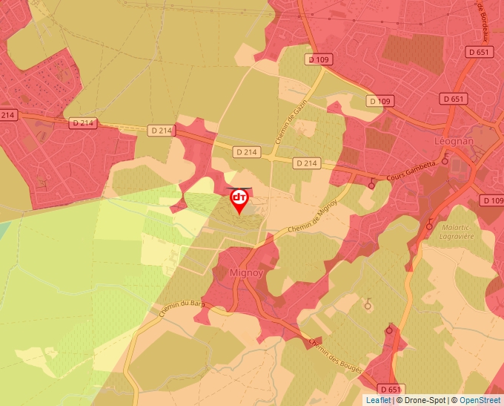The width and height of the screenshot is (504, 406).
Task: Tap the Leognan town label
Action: click(x=453, y=140)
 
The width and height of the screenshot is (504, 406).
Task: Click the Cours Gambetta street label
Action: click(x=409, y=178)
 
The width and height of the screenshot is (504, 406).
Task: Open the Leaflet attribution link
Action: click(x=378, y=400)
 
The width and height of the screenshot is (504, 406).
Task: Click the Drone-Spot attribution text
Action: click(x=425, y=400)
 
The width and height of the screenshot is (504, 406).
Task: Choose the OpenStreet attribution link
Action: click(x=480, y=400)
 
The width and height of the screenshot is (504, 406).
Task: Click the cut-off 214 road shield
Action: click(x=8, y=115)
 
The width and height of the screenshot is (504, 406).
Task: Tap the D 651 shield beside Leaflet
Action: click(x=393, y=389)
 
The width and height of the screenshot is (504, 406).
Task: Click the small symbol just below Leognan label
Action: click(x=445, y=158)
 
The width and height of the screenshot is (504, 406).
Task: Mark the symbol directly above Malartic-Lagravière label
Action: click(x=431, y=222)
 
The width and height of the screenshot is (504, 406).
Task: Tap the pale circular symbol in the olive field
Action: click(x=368, y=302)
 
